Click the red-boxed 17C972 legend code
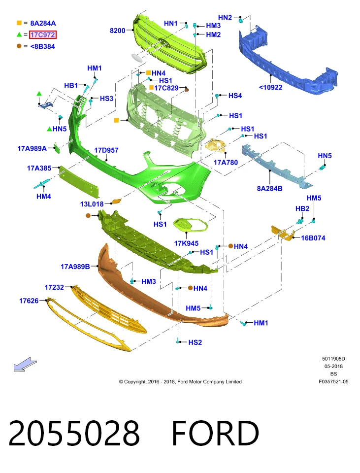[43, 34]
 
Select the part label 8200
[118, 31]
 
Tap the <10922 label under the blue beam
[271, 88]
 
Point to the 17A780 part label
[226, 163]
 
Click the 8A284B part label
[269, 189]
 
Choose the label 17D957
[106, 150]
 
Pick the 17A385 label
[39, 168]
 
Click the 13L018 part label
[92, 204]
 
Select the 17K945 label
[186, 243]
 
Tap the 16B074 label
[313, 238]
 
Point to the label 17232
[54, 287]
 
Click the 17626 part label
[29, 301]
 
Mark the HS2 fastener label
[195, 342]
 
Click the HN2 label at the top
[225, 18]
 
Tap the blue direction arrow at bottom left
[25, 364]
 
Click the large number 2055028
[74, 433]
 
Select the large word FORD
[215, 433]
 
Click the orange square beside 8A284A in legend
[19, 23]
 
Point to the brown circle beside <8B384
[19, 46]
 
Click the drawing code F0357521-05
[333, 381]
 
